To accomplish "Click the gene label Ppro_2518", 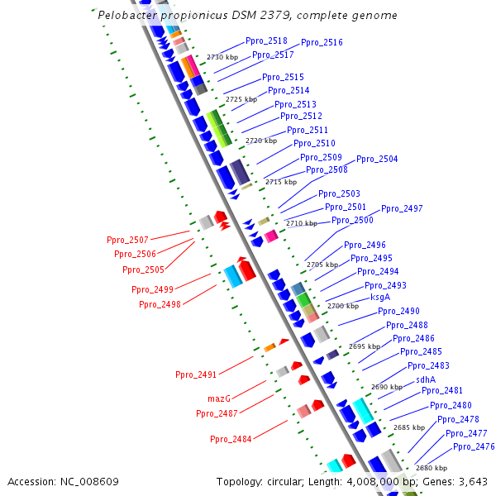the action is [266, 41].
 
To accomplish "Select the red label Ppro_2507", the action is [127, 240].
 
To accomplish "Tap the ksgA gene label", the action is [380, 297].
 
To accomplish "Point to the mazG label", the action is [219, 398].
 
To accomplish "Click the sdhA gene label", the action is [425, 379].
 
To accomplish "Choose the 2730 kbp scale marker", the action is [222, 57].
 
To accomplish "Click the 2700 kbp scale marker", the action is [343, 306].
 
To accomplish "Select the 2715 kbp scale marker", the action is [281, 182].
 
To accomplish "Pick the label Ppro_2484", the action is [231, 439].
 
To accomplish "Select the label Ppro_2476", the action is [474, 446].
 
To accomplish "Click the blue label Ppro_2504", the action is [377, 159].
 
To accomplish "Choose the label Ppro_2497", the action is [402, 208].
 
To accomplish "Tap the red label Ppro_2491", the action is [196, 374].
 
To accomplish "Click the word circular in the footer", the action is [293, 481].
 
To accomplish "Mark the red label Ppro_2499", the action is [152, 289].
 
